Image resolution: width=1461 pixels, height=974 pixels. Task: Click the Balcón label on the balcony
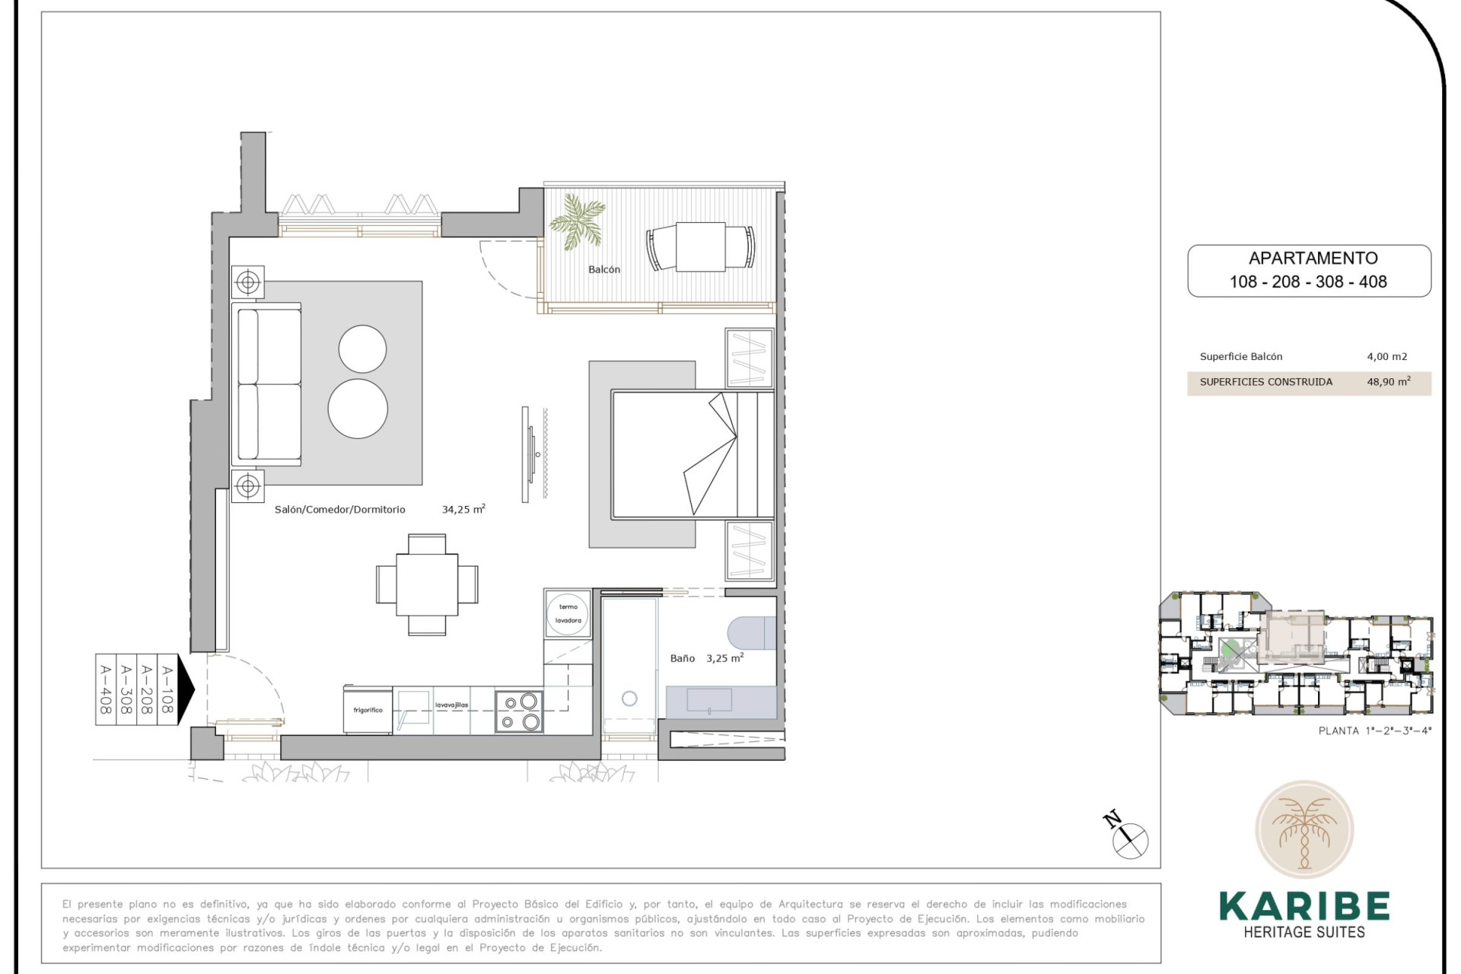[603, 269]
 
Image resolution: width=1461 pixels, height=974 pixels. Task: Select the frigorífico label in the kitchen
[368, 710]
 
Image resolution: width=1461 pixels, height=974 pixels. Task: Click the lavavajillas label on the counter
[451, 705]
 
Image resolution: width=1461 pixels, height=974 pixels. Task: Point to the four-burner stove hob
[519, 711]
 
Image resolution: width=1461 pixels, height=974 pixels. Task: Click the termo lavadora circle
[568, 613]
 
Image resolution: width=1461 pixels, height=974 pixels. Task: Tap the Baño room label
[682, 658]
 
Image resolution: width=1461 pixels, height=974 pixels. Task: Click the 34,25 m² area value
[463, 509]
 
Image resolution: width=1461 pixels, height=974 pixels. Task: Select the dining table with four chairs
[427, 584]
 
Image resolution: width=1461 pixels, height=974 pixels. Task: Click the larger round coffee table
[358, 408]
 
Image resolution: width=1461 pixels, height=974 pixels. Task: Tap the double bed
[691, 454]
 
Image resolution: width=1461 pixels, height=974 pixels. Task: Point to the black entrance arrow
[185, 688]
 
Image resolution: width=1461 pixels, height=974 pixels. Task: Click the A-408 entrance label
[105, 689]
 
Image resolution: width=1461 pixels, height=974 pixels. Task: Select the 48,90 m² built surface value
[1388, 381]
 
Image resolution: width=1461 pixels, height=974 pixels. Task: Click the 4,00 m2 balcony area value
[1386, 356]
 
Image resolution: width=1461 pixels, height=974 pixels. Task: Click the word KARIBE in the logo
[1303, 906]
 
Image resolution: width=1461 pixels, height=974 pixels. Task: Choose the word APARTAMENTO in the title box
[1313, 258]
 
